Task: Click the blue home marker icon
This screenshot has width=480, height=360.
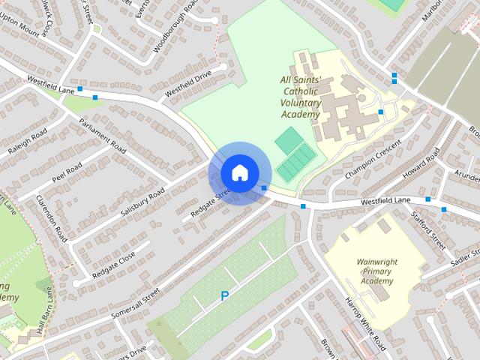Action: pyautogui.click(x=239, y=172)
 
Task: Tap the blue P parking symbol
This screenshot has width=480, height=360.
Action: pyautogui.click(x=224, y=297)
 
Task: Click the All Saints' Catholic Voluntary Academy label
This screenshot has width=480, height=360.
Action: pyautogui.click(x=300, y=97)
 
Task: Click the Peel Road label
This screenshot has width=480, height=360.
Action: pyautogui.click(x=66, y=173)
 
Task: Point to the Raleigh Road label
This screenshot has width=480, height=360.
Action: pyautogui.click(x=28, y=141)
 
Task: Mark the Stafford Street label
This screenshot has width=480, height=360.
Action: pyautogui.click(x=427, y=229)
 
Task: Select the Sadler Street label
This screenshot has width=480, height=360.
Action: pyautogui.click(x=465, y=259)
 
